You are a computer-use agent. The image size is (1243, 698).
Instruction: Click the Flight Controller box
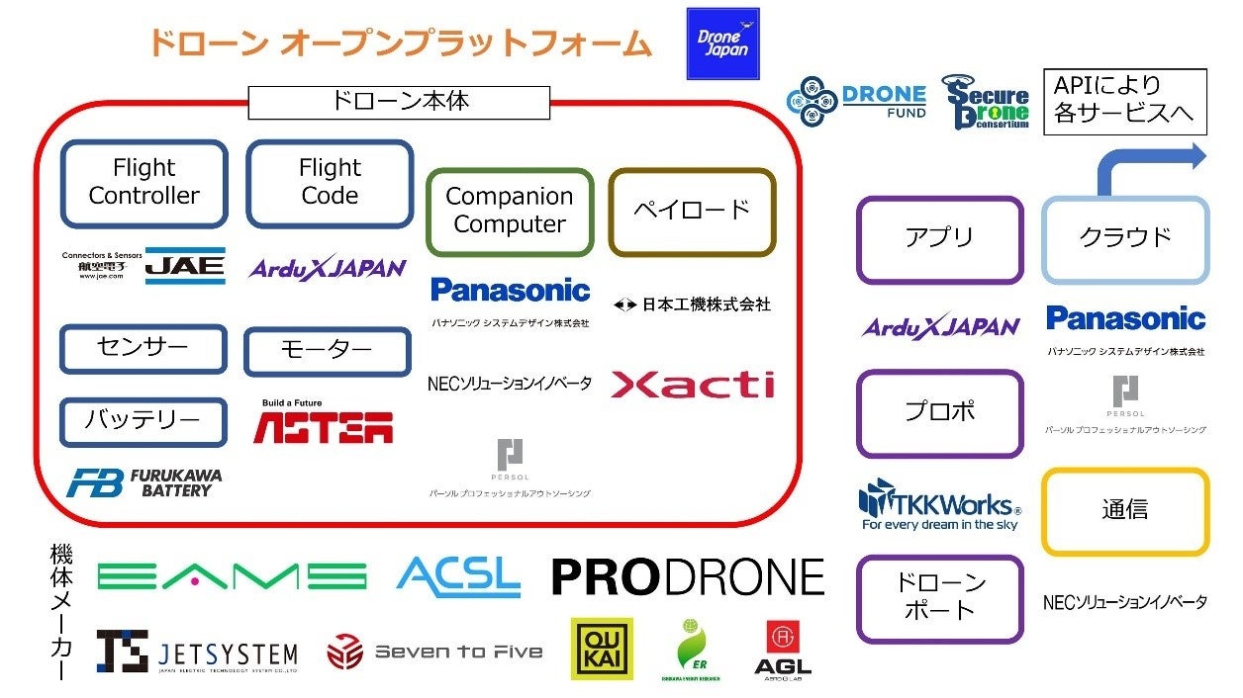144,182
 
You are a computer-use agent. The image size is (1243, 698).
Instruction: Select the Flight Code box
330,182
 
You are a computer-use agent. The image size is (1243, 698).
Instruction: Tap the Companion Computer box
510,211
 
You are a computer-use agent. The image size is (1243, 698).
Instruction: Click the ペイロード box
692,211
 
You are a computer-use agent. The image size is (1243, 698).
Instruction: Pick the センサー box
143,348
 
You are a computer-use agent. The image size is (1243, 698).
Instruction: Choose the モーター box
327,351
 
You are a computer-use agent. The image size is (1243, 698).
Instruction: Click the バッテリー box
143,421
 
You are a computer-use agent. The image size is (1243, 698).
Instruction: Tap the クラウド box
1125,238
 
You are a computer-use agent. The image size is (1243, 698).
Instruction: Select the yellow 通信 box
1125,510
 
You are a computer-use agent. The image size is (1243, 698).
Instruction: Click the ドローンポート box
939,598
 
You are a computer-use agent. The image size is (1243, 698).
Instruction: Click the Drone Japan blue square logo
722,44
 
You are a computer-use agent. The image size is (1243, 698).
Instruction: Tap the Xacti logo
693,385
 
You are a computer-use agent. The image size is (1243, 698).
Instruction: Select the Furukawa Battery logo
144,482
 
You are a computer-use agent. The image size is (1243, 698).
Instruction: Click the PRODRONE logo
688,577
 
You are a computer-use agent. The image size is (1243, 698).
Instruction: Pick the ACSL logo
459,575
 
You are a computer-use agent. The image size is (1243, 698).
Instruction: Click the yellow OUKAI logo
602,649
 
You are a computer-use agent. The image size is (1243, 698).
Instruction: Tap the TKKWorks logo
939,503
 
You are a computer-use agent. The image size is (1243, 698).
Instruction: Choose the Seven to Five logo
435,652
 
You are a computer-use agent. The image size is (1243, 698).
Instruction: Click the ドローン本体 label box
399,102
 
